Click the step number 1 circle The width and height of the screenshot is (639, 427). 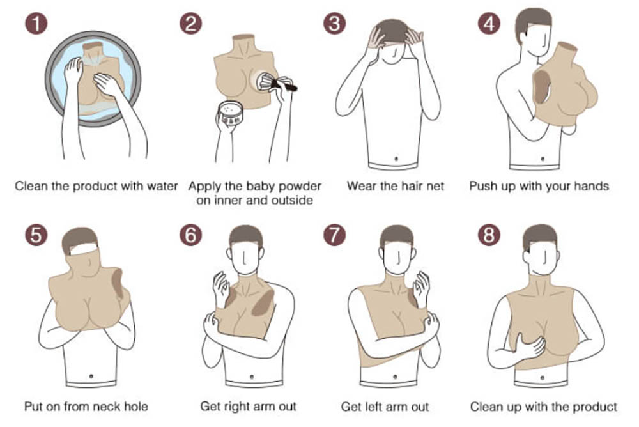click(36, 23)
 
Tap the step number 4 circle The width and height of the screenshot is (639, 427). click(489, 23)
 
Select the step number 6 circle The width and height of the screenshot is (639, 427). click(190, 235)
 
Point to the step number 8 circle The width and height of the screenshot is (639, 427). click(489, 235)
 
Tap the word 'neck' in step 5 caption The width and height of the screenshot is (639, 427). click(104, 407)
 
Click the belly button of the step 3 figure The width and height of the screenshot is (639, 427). click(396, 159)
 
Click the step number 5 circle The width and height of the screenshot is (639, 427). click(36, 235)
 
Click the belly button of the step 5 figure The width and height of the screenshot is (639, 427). click(91, 376)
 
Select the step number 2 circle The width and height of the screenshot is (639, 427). click(190, 23)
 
